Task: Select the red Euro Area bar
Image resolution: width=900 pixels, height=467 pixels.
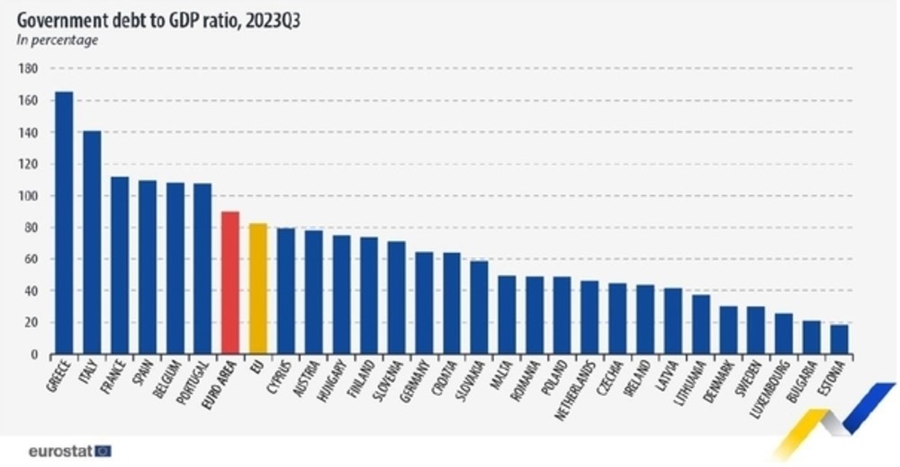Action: click(230, 283)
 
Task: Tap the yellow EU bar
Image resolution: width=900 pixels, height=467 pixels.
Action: click(258, 289)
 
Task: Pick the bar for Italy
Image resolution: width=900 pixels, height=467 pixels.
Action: click(92, 242)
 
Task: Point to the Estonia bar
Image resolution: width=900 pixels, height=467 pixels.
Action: click(839, 339)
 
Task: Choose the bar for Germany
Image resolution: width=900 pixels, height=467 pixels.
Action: click(424, 303)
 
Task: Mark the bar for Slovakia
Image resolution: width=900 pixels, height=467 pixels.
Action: click(479, 308)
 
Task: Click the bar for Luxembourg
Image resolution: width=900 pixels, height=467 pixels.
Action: click(784, 334)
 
